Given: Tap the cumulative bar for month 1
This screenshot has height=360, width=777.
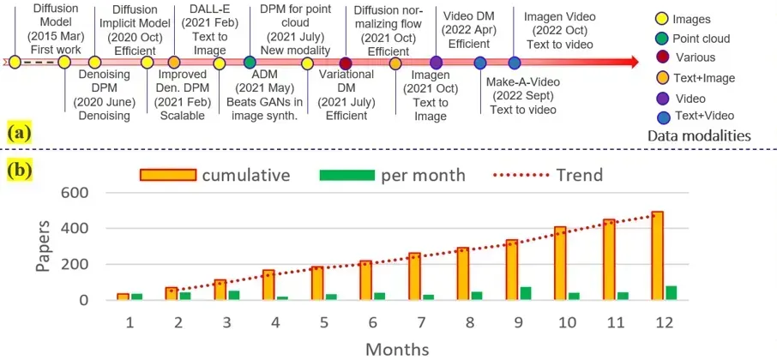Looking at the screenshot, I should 123,297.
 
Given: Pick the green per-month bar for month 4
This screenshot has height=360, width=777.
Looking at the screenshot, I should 283,297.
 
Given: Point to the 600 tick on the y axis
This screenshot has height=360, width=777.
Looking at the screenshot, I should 75,193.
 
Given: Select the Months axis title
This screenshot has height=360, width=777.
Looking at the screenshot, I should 397,348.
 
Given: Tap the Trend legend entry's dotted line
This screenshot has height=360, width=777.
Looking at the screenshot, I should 524,176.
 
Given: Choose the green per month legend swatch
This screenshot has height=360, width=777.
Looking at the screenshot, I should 347,176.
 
